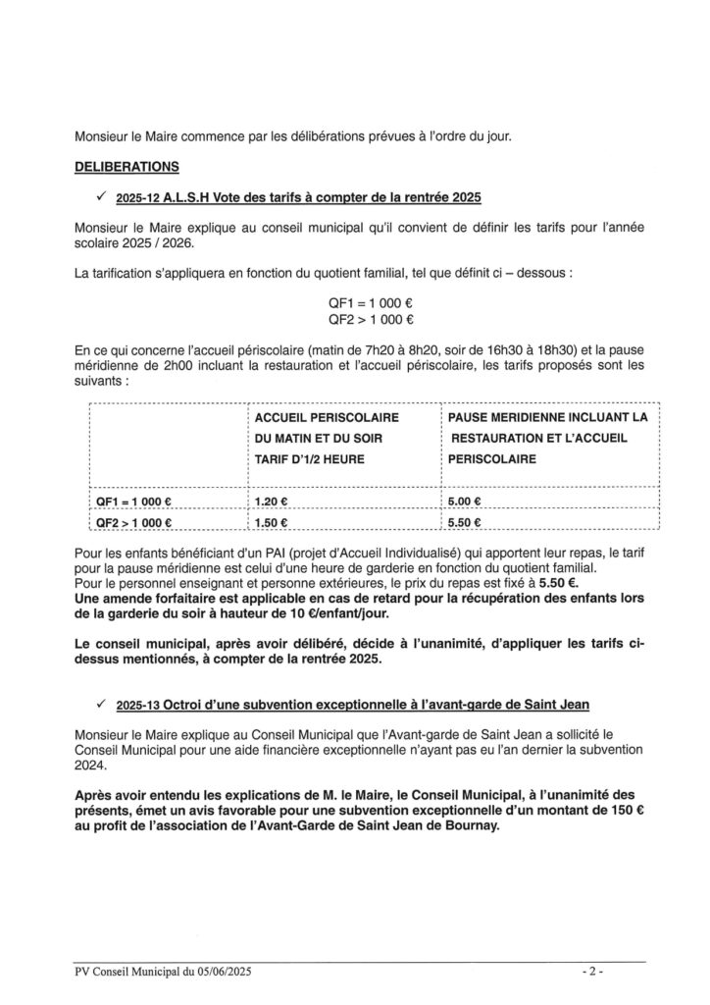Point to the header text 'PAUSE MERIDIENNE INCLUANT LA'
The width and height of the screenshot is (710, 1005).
[x=548, y=417]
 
